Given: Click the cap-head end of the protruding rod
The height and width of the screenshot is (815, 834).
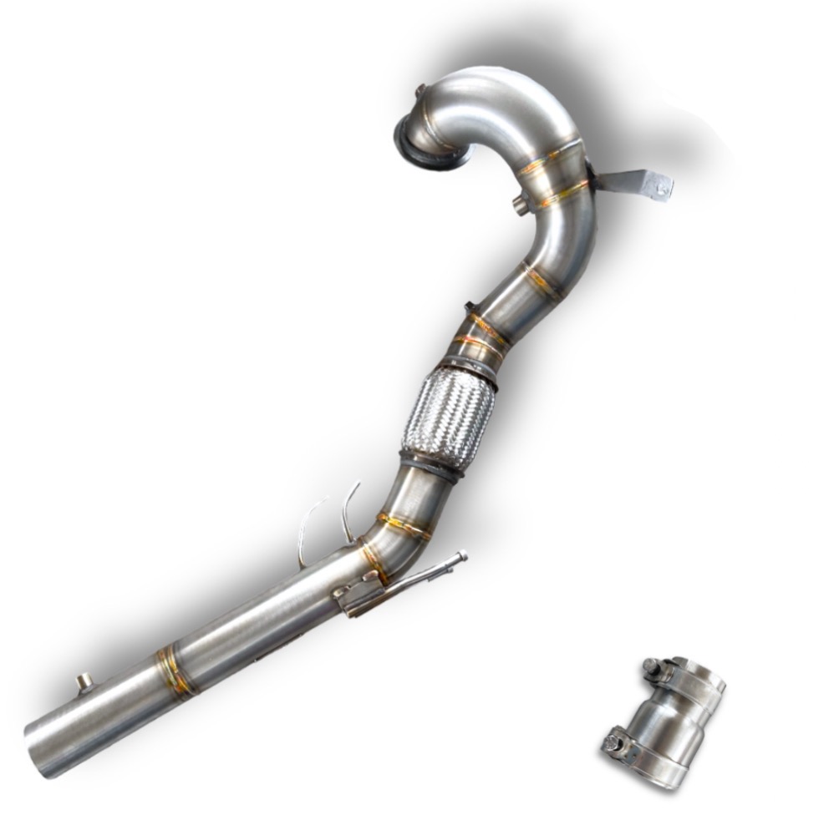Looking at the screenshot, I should point(461,555).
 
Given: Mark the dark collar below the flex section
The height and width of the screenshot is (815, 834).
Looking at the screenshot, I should point(431,463).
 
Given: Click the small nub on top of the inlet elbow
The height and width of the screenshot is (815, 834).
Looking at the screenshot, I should point(422,89).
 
